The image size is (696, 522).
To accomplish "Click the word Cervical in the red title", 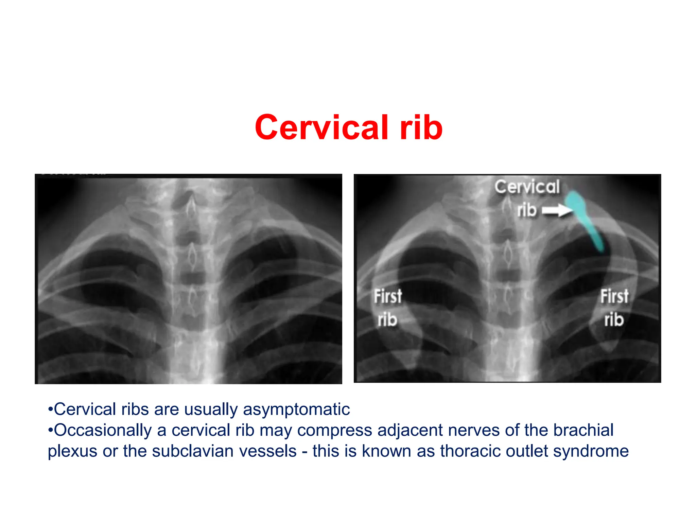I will click(x=321, y=127).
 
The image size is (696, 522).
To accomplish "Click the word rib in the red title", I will click(x=421, y=127).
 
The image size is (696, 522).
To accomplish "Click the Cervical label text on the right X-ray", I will click(x=527, y=187).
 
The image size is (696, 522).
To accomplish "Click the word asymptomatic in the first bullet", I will click(x=296, y=409).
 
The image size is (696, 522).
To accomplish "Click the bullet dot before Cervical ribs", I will click(x=50, y=409).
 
